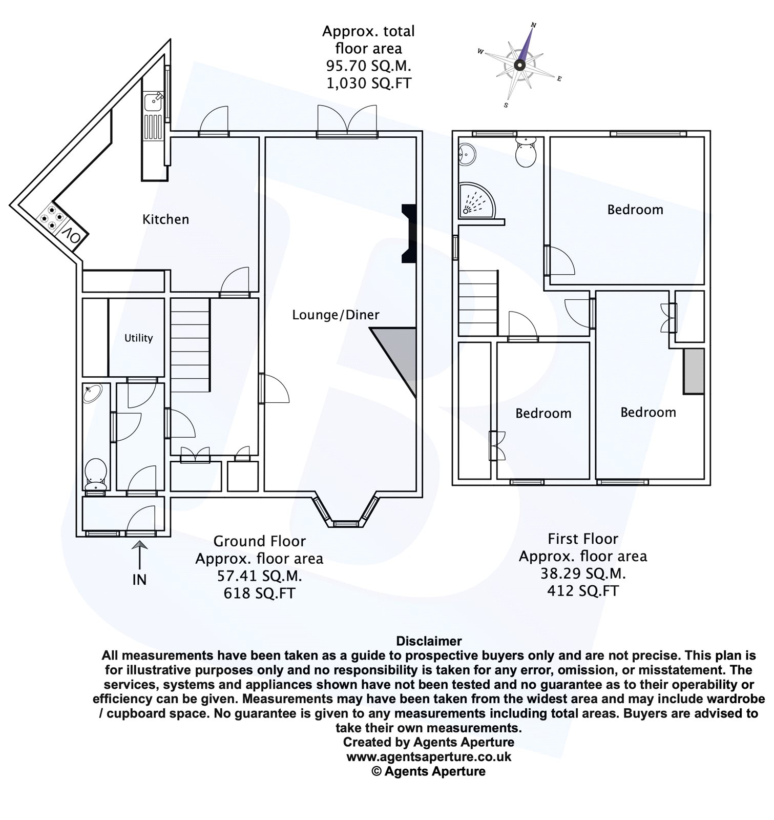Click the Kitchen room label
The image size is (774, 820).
tap(165, 219)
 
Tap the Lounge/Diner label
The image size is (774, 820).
tap(336, 315)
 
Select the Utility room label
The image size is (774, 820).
tap(138, 338)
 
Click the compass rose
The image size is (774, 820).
tap(519, 65)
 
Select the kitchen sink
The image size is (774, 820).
tap(153, 103)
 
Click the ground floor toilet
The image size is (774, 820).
tap(95, 473)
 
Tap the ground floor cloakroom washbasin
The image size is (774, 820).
tap(93, 393)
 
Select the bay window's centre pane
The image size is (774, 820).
tap(346, 524)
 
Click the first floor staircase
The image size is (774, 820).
tap(478, 303)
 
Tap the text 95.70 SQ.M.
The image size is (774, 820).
tap(368, 66)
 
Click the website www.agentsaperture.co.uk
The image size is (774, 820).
tap(429, 756)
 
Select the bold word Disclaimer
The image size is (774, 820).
tap(429, 641)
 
